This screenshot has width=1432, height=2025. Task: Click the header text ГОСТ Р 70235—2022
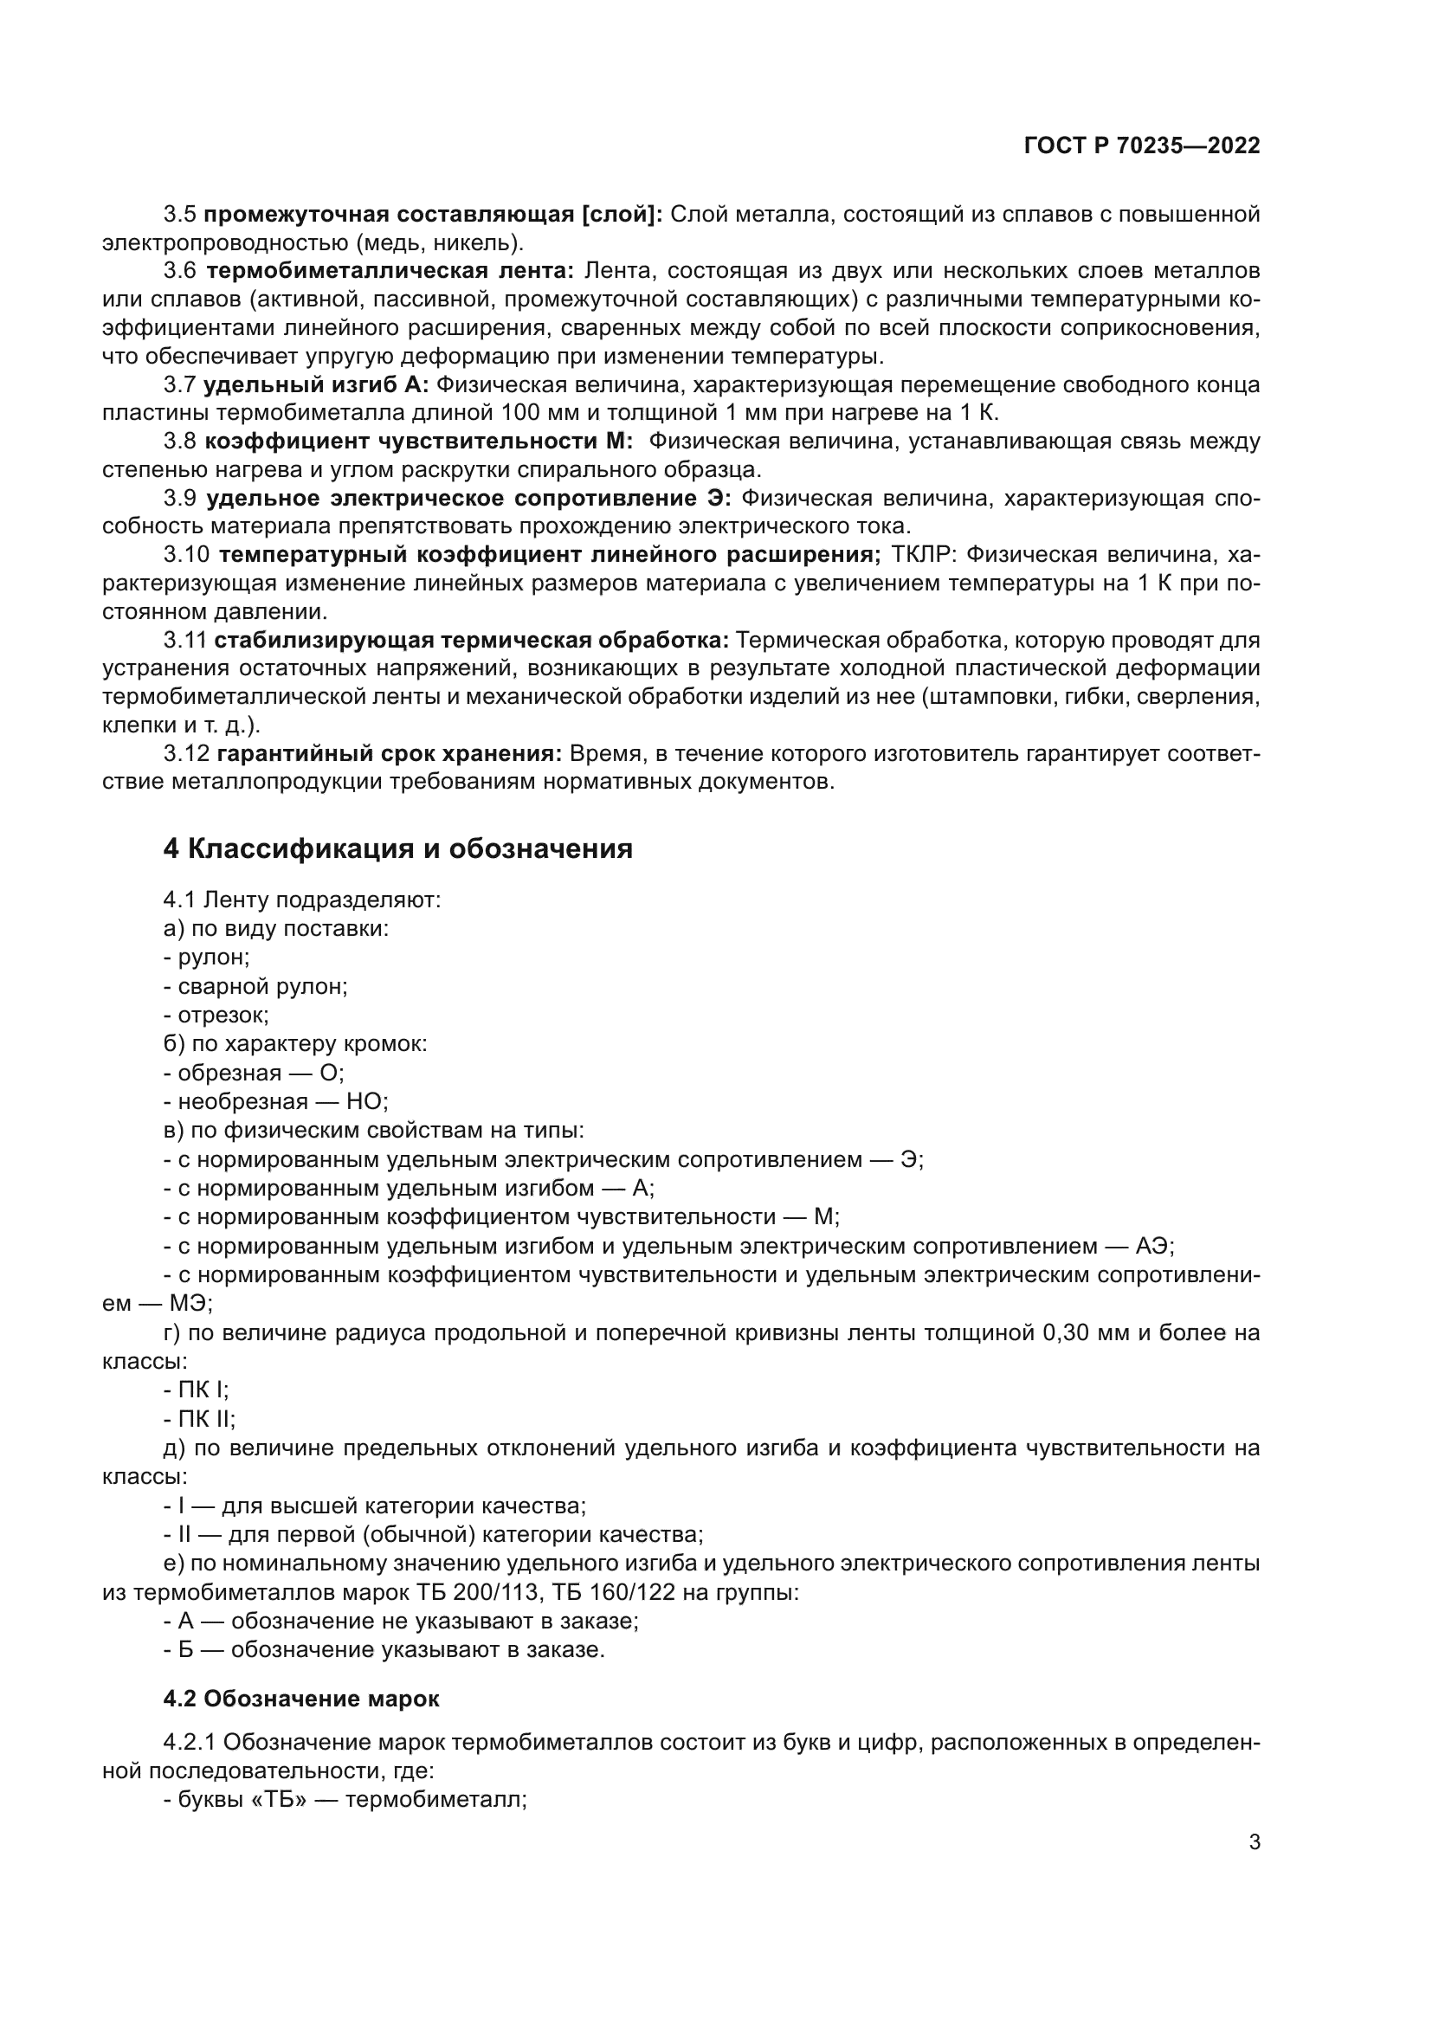click(x=1142, y=146)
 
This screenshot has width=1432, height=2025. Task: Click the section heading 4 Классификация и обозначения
click(x=397, y=848)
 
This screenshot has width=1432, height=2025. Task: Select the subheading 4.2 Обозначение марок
click(x=300, y=1699)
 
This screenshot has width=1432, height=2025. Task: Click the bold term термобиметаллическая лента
click(x=390, y=271)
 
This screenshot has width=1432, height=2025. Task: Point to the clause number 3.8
click(x=180, y=441)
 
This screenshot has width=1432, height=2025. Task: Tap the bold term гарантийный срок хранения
click(x=389, y=754)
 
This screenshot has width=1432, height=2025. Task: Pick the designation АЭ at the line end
click(x=1153, y=1246)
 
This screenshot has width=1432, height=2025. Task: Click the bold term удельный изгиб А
click(x=316, y=384)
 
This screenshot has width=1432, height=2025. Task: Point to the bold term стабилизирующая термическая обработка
click(x=471, y=641)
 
